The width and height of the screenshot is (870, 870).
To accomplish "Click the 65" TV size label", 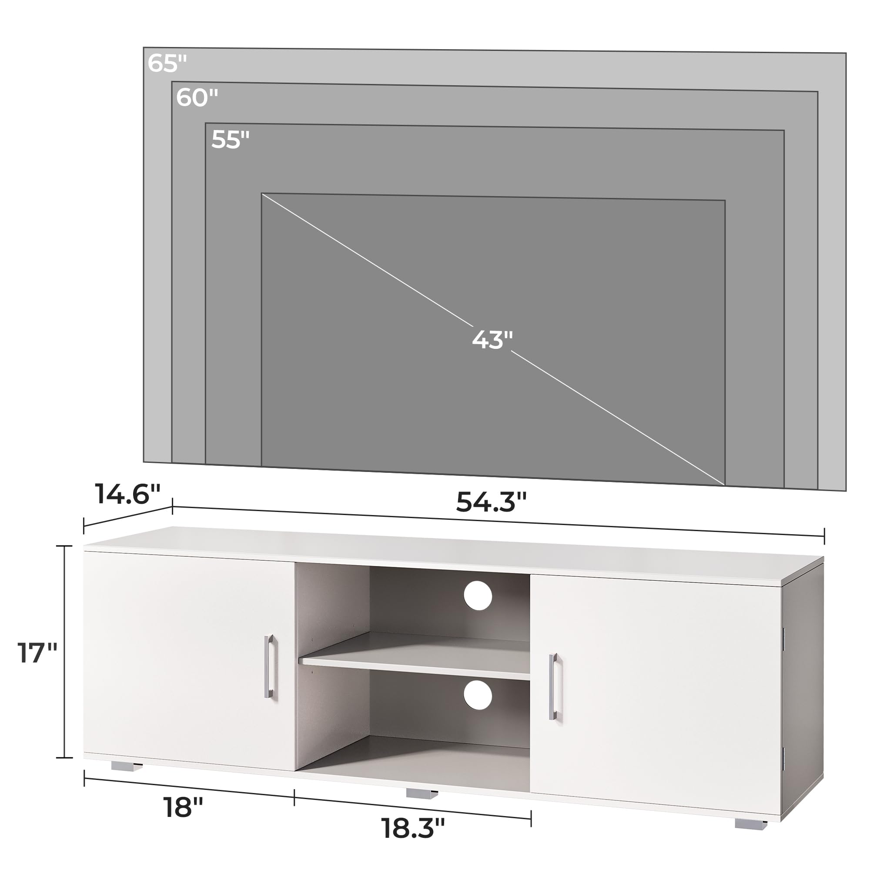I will (x=167, y=63).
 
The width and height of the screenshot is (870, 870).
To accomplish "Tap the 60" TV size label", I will (x=197, y=97).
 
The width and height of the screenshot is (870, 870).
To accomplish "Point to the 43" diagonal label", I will (x=492, y=340).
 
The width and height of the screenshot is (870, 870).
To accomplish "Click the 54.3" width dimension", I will (x=491, y=502).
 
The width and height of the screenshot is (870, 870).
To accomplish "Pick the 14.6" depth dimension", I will (x=127, y=495).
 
